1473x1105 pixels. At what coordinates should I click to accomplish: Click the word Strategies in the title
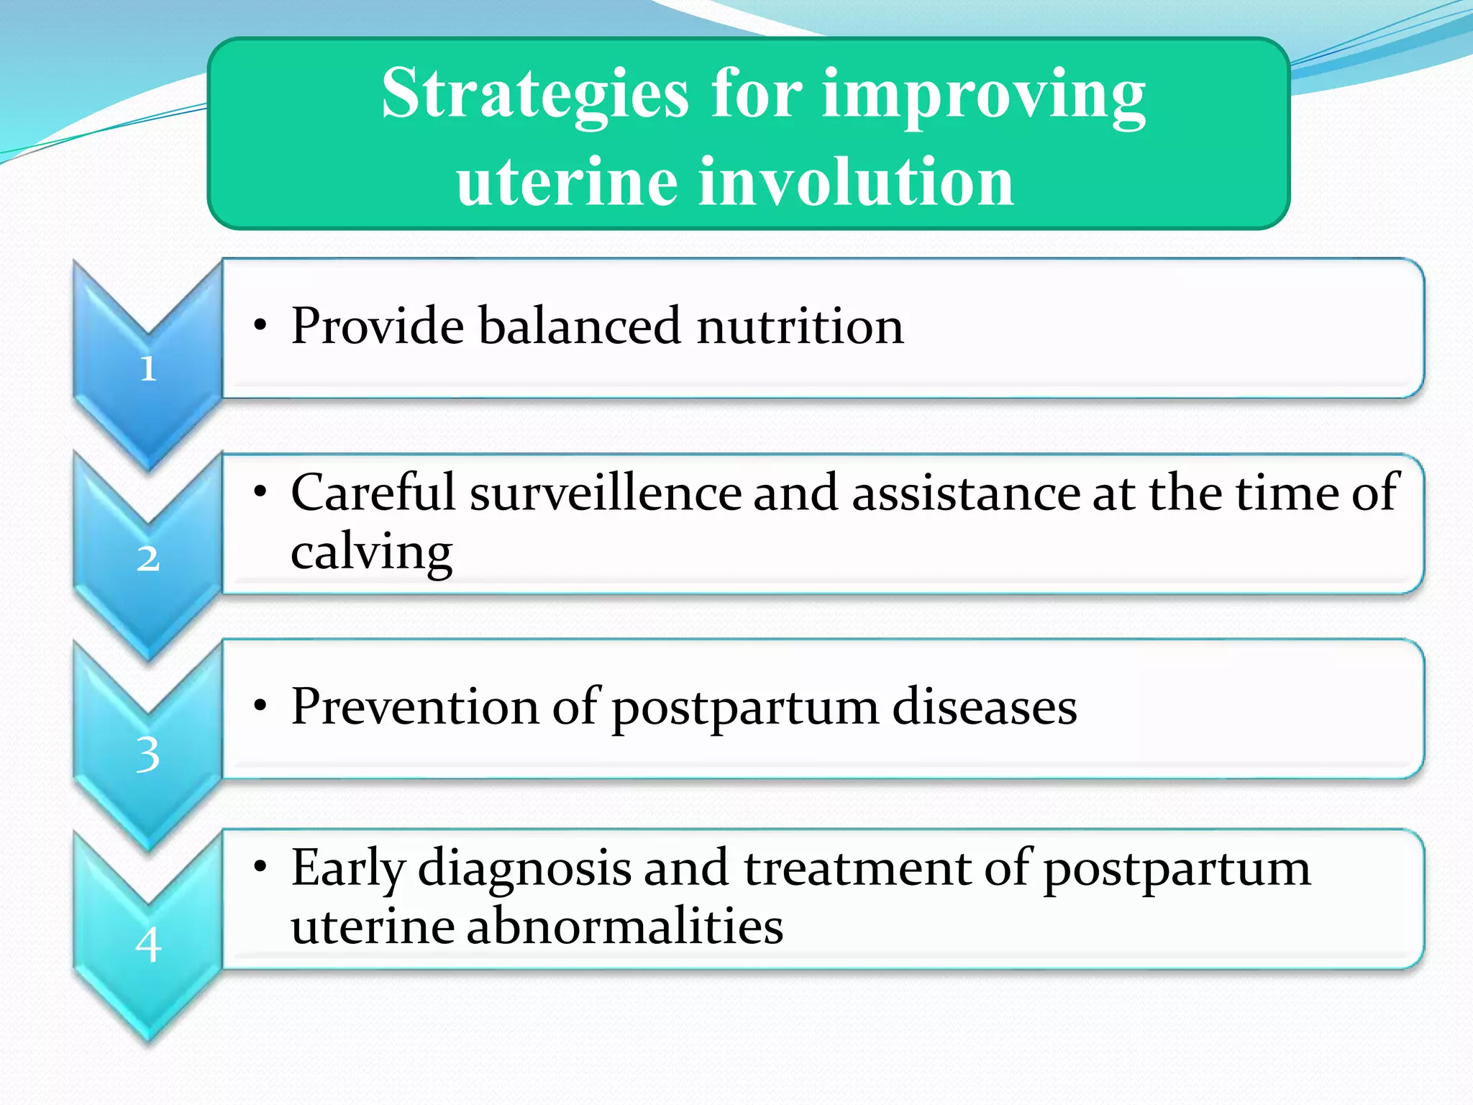(x=534, y=96)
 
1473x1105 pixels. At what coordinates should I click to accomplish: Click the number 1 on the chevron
(x=148, y=369)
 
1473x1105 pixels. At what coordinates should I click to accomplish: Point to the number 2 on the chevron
(x=148, y=558)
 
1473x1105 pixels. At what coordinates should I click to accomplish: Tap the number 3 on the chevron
(x=148, y=755)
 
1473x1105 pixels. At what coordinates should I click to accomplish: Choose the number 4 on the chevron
(x=148, y=945)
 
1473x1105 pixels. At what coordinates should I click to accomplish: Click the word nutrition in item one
(x=800, y=326)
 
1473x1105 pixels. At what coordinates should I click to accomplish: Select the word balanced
(x=579, y=326)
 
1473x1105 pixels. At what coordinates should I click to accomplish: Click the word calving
(x=371, y=552)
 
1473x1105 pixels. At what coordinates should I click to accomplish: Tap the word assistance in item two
(x=966, y=494)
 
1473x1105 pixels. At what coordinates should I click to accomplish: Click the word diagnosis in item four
(x=524, y=868)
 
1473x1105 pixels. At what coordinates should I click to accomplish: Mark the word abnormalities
(x=624, y=926)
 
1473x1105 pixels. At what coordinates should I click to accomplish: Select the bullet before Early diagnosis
(x=260, y=868)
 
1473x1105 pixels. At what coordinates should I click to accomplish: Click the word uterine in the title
(x=566, y=182)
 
